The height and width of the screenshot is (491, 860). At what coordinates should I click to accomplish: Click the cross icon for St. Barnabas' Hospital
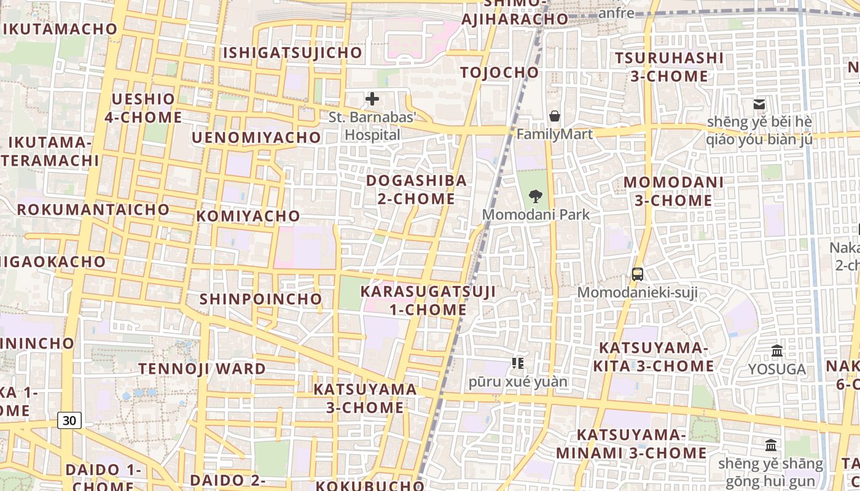pyautogui.click(x=372, y=99)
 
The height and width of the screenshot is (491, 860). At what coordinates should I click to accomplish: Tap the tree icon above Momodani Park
pyautogui.click(x=536, y=196)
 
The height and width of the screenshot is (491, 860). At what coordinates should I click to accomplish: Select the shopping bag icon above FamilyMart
pyautogui.click(x=555, y=115)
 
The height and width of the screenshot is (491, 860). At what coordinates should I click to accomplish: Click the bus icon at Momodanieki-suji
pyautogui.click(x=638, y=274)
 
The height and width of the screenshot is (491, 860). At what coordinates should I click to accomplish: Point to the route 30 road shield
pyautogui.click(x=70, y=420)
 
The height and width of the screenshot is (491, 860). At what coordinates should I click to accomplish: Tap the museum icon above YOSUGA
pyautogui.click(x=777, y=351)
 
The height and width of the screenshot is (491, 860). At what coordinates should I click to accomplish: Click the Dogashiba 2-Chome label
pyautogui.click(x=416, y=190)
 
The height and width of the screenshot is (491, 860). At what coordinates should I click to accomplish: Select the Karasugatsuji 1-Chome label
pyautogui.click(x=428, y=300)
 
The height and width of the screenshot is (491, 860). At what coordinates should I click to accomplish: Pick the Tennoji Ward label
pyautogui.click(x=202, y=369)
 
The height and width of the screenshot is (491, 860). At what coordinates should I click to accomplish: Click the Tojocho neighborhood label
pyautogui.click(x=499, y=72)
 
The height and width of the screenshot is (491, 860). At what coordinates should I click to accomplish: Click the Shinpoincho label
pyautogui.click(x=261, y=299)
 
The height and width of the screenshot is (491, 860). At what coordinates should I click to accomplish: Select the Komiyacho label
pyautogui.click(x=248, y=216)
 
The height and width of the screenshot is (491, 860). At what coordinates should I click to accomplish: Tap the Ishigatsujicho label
pyautogui.click(x=292, y=53)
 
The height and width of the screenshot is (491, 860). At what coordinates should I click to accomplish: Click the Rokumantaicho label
pyautogui.click(x=93, y=209)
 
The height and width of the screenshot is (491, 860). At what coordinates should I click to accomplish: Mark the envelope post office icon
pyautogui.click(x=759, y=104)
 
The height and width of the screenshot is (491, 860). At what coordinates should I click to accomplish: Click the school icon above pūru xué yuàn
pyautogui.click(x=518, y=363)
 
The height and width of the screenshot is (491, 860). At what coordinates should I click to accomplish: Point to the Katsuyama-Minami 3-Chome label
pyautogui.click(x=631, y=444)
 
